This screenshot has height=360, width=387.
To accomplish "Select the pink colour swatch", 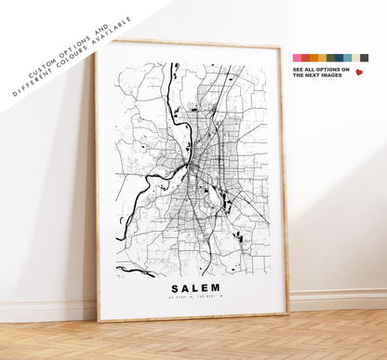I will pos(298,58).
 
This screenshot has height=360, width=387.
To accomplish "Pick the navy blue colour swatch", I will pos(339,58).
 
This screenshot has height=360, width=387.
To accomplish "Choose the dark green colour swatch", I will pos(330,58).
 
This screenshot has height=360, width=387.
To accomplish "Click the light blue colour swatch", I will pos(347,58).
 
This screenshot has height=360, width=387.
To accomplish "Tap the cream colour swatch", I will pos(355,58).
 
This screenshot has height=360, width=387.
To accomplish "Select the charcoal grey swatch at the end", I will pos(364,58).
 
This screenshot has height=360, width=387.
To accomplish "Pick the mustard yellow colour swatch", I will pos(322,58).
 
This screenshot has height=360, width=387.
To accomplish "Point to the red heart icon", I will pos(359,73).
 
